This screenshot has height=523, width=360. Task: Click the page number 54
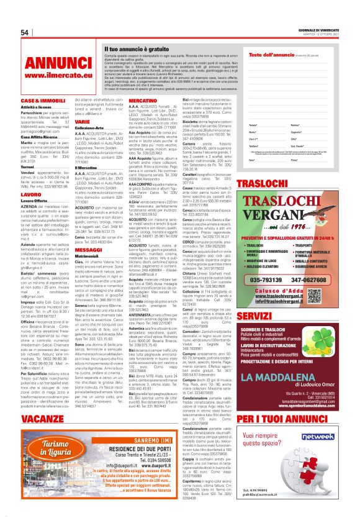point(25,33)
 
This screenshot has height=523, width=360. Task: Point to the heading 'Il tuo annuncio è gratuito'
point(136,48)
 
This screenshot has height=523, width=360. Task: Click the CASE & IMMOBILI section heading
point(43,100)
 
